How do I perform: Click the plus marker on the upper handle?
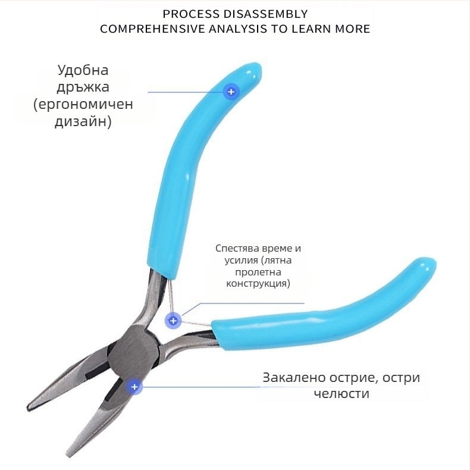coord(231,92)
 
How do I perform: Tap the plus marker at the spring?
coord(173,321)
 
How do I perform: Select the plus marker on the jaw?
coord(134,387)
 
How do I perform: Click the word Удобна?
coord(83,70)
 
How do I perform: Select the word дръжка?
coord(83,87)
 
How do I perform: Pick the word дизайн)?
coord(83,123)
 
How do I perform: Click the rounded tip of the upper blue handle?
coord(252,72)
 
